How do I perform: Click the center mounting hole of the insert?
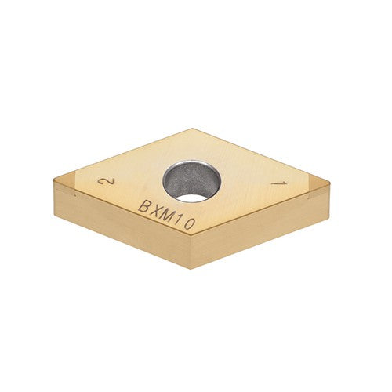tap(192, 180)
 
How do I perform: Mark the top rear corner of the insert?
tap(192, 129)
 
